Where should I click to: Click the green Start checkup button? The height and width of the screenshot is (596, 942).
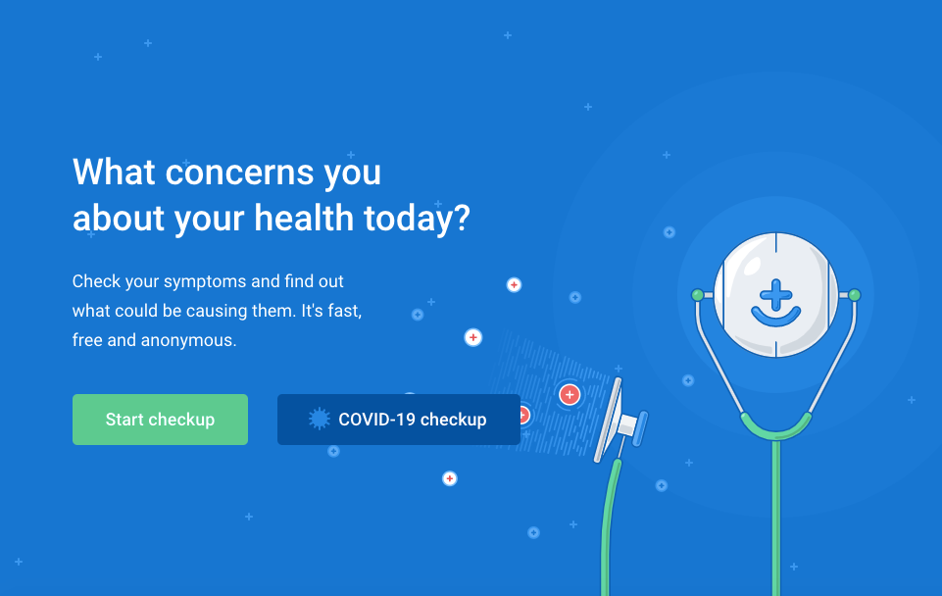click(x=160, y=420)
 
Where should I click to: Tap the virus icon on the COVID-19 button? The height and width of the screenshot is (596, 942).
click(x=319, y=419)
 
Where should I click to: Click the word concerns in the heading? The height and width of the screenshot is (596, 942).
click(x=239, y=173)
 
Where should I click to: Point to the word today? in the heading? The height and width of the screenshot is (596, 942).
click(x=417, y=219)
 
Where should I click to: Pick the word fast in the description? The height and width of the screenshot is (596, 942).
click(x=344, y=311)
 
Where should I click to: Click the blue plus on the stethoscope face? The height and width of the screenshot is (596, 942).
click(x=775, y=294)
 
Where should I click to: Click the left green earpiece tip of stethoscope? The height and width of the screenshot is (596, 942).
click(x=698, y=295)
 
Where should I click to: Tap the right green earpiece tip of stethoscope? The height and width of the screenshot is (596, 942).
click(x=855, y=295)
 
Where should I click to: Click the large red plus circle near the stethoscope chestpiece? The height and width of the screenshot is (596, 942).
click(x=570, y=395)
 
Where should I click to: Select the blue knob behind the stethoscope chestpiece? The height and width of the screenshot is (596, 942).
click(x=640, y=428)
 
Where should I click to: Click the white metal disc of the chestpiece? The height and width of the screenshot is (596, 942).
click(x=608, y=420)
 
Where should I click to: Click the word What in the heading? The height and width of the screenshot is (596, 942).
click(x=114, y=173)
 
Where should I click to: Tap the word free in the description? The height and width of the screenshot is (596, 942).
click(x=87, y=340)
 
